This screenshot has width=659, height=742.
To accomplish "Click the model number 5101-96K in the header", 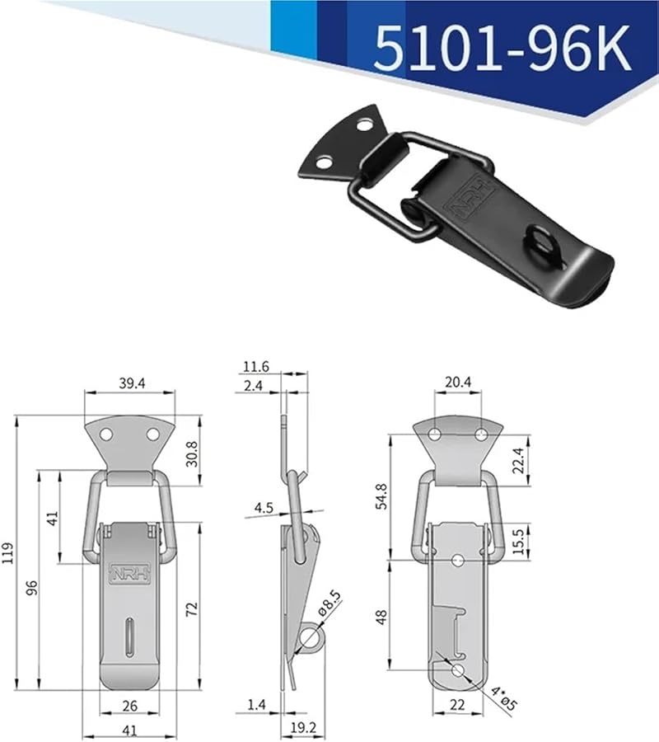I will [502, 48].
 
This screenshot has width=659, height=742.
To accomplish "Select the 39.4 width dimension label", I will [129, 382].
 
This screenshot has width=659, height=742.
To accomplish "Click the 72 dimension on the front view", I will [191, 608].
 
